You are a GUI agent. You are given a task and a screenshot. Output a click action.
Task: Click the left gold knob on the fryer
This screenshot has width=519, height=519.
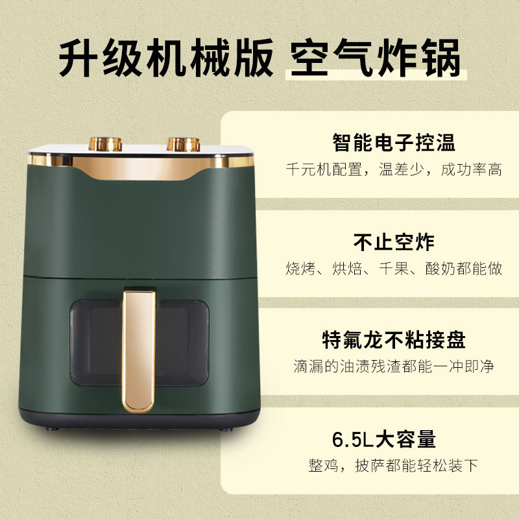105,144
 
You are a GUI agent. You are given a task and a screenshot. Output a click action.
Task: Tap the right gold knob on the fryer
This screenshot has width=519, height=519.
183,144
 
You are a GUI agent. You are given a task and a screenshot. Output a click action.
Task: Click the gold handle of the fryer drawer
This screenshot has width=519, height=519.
139,352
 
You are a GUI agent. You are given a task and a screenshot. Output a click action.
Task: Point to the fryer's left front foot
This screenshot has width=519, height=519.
52,429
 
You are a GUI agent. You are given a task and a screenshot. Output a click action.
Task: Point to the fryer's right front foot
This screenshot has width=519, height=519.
226,429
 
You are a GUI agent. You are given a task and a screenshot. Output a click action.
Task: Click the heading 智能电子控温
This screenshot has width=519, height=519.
394,142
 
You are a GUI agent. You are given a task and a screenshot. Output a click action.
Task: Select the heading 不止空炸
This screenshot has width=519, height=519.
394,242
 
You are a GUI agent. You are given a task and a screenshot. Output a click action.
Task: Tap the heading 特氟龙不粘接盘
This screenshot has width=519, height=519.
394,340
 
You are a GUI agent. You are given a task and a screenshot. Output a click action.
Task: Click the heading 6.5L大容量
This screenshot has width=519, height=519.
384,439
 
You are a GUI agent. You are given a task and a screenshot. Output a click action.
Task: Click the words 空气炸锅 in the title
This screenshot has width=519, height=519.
376,58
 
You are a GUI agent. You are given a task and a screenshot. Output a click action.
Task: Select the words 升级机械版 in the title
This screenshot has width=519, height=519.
166,58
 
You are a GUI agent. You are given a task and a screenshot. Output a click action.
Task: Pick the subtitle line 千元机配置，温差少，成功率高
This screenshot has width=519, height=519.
394,169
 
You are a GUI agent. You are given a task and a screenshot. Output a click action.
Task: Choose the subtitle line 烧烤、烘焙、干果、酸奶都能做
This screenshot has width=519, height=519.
394,269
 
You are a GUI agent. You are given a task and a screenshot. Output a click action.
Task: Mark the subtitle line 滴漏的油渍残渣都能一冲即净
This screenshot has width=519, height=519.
394,367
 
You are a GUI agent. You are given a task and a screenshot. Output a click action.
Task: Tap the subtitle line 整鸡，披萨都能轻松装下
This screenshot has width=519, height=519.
393,465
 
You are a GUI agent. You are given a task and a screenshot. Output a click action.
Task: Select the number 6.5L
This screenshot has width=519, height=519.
353,440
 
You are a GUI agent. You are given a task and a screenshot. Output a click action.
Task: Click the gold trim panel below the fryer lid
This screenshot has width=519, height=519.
141,167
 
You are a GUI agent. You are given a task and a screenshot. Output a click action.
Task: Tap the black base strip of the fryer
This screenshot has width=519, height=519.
139,419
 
